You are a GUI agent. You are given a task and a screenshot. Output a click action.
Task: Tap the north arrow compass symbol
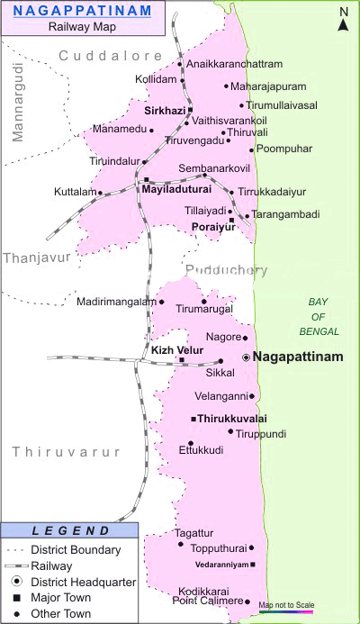tap(343, 19)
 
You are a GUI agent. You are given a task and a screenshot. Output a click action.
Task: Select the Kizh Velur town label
tap(176, 349)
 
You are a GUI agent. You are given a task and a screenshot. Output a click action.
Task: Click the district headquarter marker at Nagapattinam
tap(246, 357)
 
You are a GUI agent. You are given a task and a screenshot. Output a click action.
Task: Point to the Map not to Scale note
tap(286, 604)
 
